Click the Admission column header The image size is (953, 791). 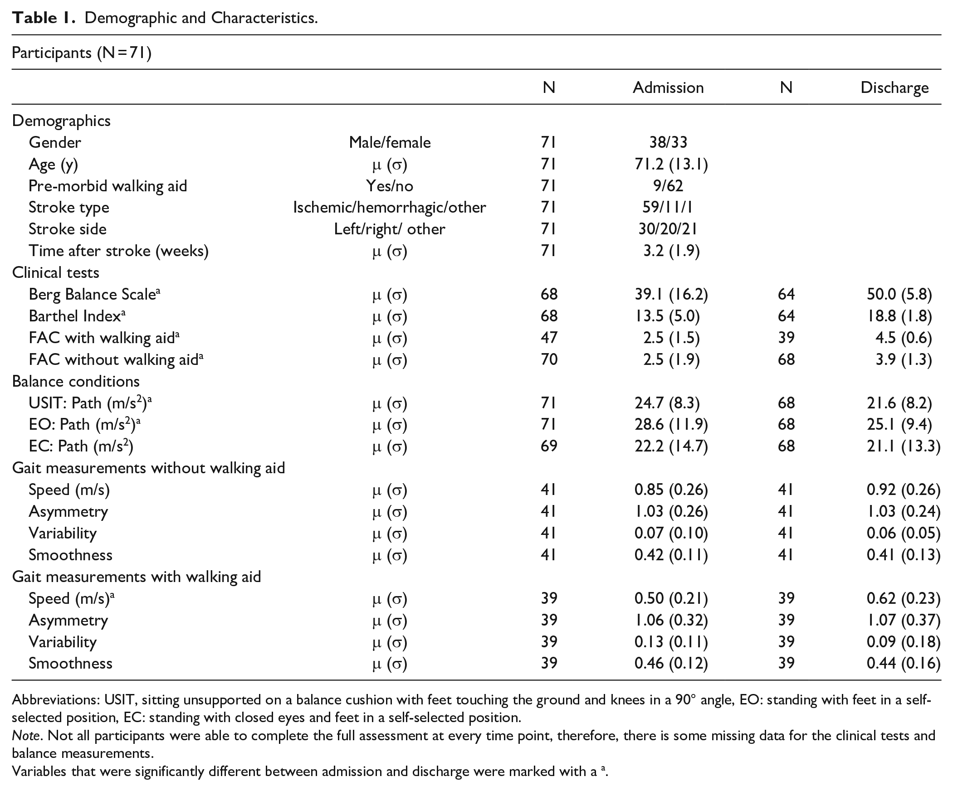click(668, 87)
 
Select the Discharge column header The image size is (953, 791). click(894, 88)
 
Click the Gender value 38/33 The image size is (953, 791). click(668, 142)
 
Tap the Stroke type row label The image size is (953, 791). click(69, 207)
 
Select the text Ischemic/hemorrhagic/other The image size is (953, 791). click(389, 207)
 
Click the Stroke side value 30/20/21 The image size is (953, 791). click(668, 229)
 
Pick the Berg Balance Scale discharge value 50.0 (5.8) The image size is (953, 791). click(899, 294)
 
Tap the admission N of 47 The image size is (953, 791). click(549, 338)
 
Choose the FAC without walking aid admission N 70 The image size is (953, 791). click(549, 359)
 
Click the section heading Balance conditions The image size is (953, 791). click(76, 381)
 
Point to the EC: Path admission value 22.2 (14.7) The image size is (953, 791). click(671, 446)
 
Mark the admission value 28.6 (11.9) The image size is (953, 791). click(671, 425)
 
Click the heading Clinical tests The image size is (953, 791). click(55, 272)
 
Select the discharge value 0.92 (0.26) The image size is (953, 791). click(904, 490)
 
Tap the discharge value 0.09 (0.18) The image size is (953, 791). click(904, 642)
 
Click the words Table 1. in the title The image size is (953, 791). click(44, 18)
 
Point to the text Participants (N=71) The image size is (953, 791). click(82, 53)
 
